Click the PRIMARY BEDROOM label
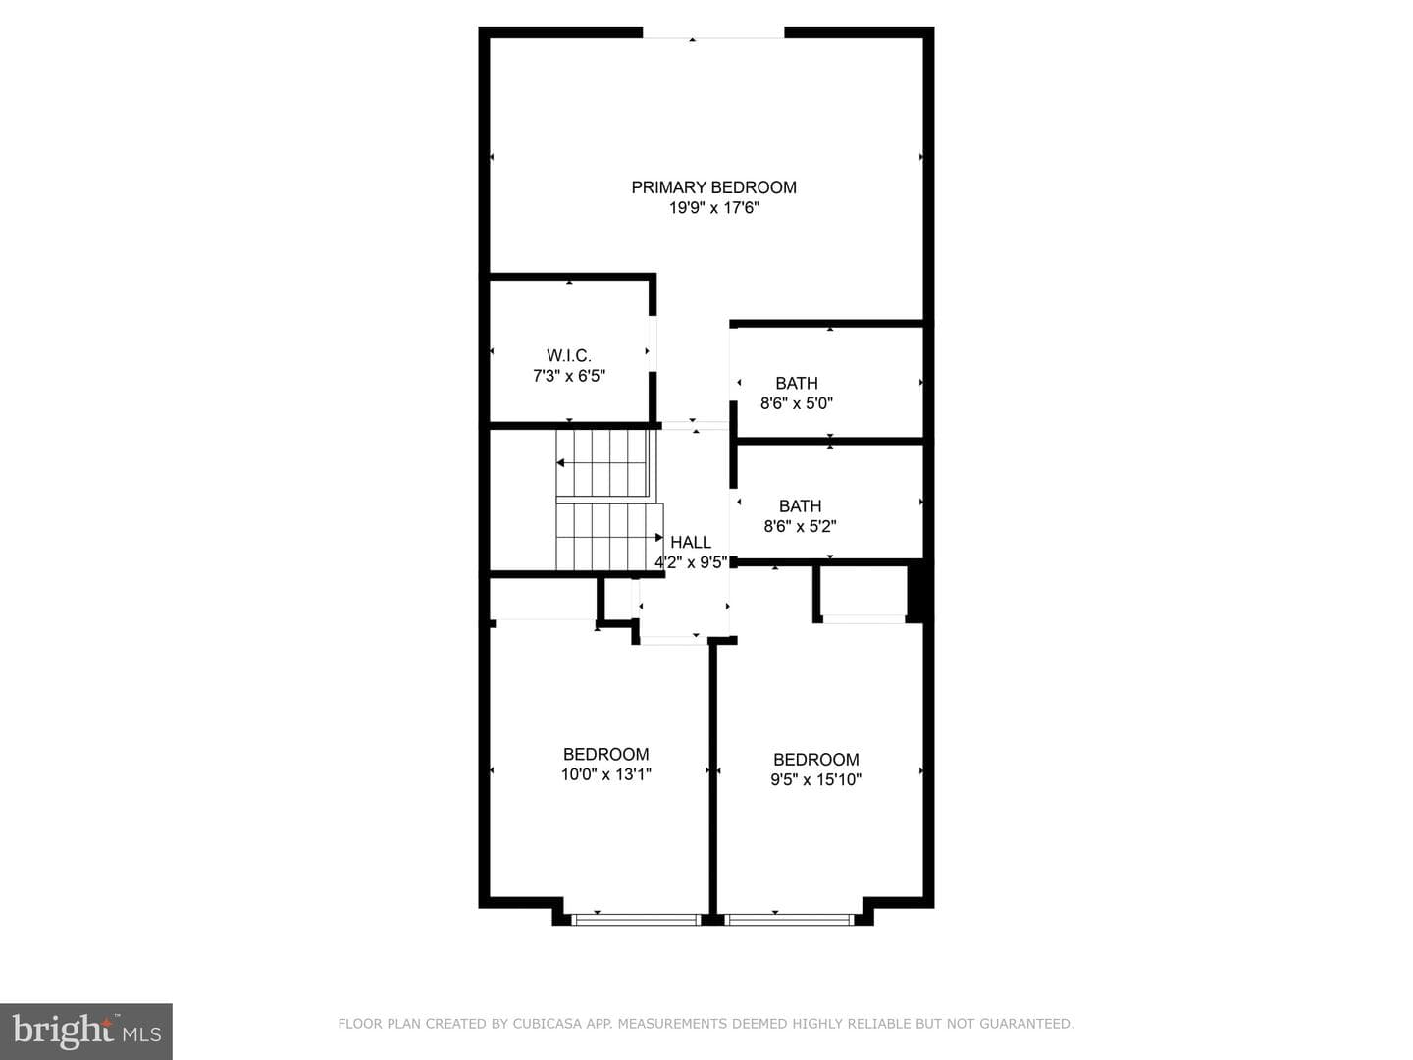713,187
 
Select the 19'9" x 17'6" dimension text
714,208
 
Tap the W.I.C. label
569,355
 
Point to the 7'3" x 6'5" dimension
569,376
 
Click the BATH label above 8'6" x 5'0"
797,383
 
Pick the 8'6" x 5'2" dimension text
800,526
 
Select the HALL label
691,542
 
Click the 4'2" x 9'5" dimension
691,562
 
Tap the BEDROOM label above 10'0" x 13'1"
605,754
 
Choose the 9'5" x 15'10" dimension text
815,779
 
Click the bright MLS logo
86,1032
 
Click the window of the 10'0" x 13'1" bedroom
636,920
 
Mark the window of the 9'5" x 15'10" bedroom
789,920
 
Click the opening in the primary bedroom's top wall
713,32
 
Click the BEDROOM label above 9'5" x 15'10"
815,759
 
